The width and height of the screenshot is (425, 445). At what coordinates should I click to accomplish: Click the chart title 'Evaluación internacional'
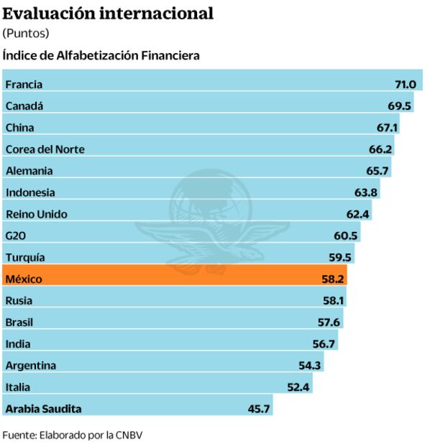point(108,13)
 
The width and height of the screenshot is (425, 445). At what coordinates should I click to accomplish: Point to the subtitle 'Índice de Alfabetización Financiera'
point(101,55)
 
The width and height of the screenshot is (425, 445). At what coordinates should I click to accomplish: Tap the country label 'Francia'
point(24,85)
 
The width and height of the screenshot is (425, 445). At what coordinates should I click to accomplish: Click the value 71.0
point(406,85)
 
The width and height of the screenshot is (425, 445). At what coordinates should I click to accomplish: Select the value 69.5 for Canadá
point(399,106)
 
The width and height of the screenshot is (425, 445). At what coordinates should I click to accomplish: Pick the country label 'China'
point(19,128)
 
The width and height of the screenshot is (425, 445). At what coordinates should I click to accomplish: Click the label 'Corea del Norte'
point(45,149)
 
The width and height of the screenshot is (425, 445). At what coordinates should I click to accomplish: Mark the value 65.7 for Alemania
point(378,171)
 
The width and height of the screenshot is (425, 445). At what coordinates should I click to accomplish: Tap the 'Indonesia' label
point(30,192)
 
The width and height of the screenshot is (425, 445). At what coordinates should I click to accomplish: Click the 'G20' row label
point(16,235)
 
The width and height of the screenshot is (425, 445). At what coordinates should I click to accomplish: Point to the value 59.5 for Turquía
point(340,257)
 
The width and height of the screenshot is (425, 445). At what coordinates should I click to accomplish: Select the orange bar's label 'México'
point(24,278)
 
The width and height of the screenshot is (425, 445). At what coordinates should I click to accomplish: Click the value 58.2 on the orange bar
point(334,278)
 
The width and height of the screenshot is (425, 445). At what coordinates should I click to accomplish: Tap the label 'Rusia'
point(19,300)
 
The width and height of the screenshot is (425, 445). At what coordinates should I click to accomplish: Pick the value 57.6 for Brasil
point(329,322)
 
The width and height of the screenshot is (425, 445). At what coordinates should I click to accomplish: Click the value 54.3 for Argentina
point(310,365)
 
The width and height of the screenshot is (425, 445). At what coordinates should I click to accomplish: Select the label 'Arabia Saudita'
point(43,408)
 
